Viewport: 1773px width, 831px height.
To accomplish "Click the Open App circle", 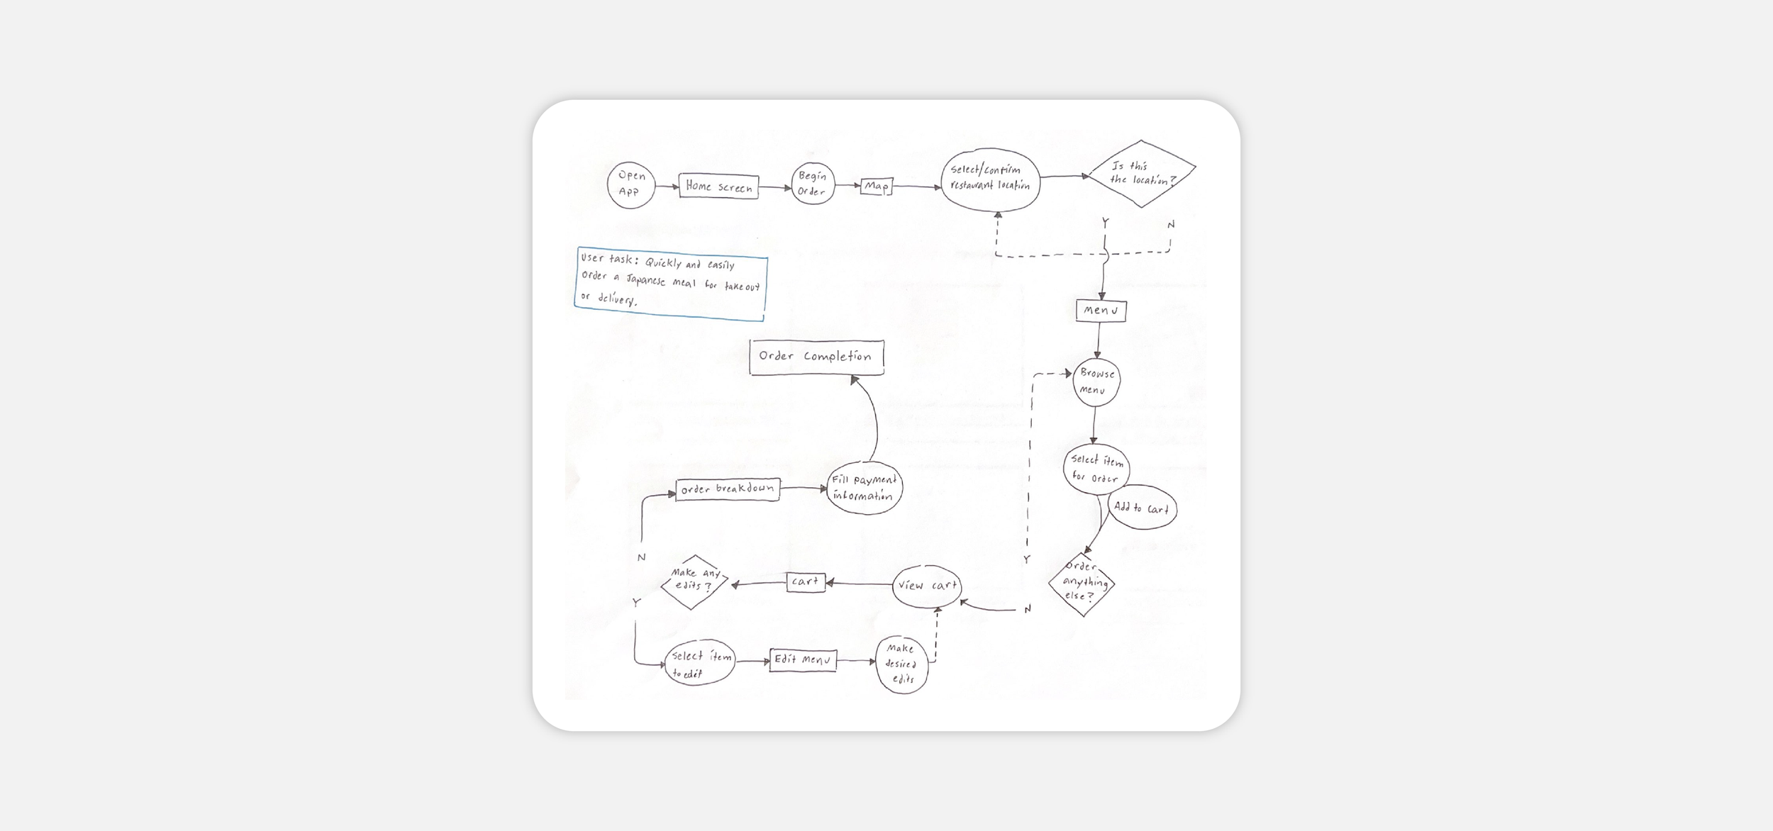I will click(630, 184).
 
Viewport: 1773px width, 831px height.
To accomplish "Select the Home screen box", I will click(718, 186).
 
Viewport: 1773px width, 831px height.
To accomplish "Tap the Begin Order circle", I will click(813, 184).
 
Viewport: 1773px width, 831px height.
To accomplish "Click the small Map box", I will click(876, 186).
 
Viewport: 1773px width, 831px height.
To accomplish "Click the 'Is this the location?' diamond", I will click(1141, 174).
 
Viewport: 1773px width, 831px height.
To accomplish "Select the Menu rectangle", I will click(1101, 311).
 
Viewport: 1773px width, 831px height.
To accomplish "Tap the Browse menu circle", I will click(1096, 382).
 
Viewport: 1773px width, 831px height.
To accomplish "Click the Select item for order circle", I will click(1096, 469).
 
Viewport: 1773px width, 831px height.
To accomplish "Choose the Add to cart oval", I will click(1142, 508).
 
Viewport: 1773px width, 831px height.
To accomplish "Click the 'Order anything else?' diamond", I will click(1082, 584).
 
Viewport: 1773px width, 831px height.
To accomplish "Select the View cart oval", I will click(927, 586).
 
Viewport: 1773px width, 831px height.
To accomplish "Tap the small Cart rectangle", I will click(806, 582).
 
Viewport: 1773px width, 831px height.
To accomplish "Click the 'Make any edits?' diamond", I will click(694, 581).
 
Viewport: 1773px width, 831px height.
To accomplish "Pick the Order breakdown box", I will click(728, 489).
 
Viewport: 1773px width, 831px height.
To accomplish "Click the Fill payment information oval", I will click(864, 488).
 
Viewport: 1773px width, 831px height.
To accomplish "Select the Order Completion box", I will click(816, 357).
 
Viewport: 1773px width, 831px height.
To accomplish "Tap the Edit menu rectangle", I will click(803, 660).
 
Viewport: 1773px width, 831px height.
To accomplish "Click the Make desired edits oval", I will click(901, 664).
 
